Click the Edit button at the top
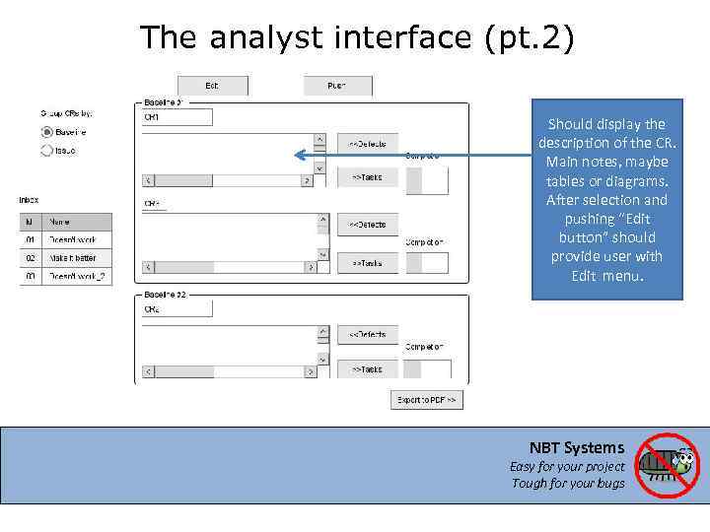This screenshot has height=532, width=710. click(x=211, y=86)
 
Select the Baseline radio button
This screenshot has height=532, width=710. click(x=46, y=132)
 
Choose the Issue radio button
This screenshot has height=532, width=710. click(x=46, y=151)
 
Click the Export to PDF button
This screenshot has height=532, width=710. click(x=427, y=400)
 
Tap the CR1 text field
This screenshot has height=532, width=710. click(x=177, y=117)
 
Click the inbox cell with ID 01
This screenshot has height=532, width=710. click(x=31, y=239)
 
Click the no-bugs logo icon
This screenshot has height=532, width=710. click(x=666, y=465)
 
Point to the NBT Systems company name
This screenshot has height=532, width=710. click(x=577, y=447)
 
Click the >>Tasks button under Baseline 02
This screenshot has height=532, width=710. click(x=367, y=369)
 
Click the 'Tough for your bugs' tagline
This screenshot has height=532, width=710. click(x=568, y=483)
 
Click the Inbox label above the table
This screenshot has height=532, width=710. click(x=30, y=200)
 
